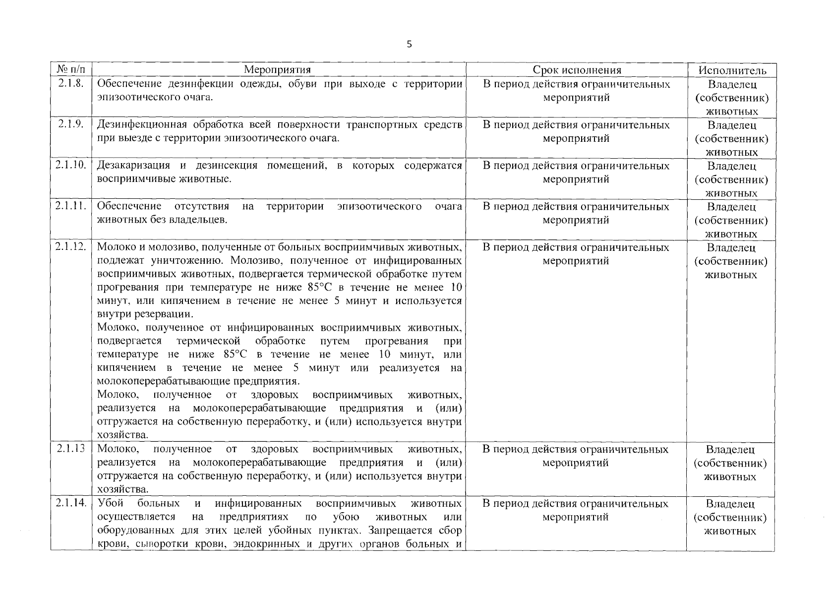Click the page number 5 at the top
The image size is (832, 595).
point(409,45)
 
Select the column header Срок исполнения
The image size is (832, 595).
point(577,70)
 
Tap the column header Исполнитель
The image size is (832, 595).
point(731,70)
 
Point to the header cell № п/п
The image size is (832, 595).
point(71,70)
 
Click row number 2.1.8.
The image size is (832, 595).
point(71,83)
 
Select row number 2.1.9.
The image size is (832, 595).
point(71,124)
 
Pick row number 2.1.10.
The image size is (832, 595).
point(71,165)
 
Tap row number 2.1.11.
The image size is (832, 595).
point(71,206)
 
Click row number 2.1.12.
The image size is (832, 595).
point(71,247)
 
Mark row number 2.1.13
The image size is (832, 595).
point(70,449)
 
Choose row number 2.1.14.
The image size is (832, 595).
point(71,503)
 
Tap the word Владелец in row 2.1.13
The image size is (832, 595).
point(730,450)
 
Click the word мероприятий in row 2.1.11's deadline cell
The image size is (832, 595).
point(576,220)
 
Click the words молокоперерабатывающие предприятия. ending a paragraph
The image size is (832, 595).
point(198,381)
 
